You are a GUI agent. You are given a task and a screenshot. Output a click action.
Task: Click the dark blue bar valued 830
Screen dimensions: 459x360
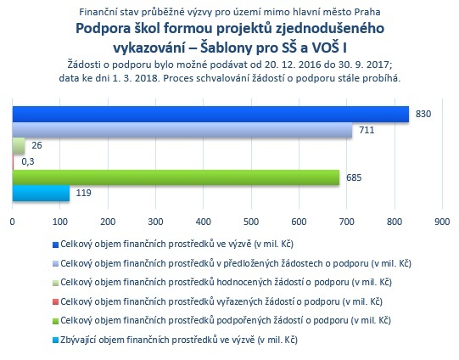(x=210, y=114)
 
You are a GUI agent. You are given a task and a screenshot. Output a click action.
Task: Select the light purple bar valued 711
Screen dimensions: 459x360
(x=182, y=130)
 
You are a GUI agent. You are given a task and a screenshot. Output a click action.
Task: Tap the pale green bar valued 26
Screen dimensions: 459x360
(x=19, y=145)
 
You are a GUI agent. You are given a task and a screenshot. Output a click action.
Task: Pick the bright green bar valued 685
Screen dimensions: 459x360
(x=176, y=177)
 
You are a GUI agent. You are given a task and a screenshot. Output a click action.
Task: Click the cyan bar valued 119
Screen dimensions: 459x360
(x=41, y=194)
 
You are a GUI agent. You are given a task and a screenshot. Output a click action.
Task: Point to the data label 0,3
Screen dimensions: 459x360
(x=28, y=161)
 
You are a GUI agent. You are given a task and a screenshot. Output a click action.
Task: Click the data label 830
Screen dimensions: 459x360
(x=423, y=114)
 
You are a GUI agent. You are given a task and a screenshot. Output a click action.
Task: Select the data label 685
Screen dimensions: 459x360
(x=354, y=177)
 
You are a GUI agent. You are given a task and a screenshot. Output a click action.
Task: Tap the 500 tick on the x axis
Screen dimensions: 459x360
(x=251, y=222)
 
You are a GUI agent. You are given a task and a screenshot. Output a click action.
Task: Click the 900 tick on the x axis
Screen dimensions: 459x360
(x=442, y=222)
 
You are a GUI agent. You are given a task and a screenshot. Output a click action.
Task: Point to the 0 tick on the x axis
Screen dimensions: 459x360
(x=12, y=222)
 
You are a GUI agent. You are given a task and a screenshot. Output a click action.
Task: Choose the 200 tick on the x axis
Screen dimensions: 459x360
(x=108, y=222)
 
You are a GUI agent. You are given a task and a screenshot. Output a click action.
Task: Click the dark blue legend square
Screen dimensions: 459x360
(x=55, y=245)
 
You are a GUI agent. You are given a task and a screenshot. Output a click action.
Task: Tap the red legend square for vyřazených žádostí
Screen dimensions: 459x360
(x=55, y=302)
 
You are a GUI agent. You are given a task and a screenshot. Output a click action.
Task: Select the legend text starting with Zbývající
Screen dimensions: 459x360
(x=179, y=340)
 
